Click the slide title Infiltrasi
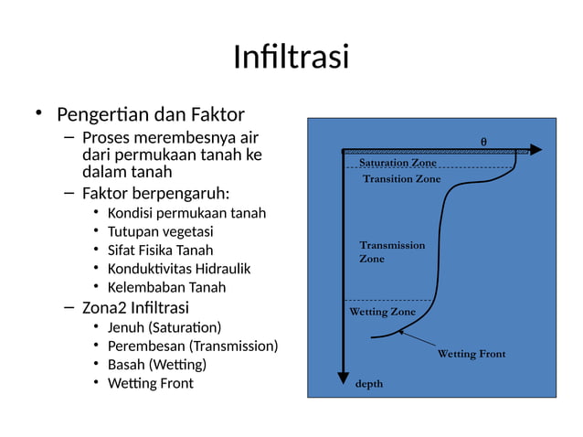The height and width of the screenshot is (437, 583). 291,57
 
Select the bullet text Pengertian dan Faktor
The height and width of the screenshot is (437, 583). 150,115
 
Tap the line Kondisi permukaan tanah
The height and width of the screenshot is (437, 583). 186,213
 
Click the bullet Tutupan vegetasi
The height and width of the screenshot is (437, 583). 160,231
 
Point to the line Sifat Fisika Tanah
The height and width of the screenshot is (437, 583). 160,250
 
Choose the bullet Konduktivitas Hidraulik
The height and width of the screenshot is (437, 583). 179,269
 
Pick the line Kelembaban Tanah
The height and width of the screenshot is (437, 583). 166,287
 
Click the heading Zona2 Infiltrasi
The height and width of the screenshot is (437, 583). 135,306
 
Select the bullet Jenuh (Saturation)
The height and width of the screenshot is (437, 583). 164,327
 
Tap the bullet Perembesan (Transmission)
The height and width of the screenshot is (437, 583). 192,346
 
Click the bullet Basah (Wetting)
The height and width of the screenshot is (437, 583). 156,364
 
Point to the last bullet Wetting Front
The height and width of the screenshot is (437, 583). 150,383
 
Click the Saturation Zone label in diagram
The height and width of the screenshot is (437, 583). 397,163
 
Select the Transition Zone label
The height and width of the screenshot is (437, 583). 401,179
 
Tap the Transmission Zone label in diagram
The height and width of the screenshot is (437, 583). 391,252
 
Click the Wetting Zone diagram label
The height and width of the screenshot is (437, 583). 382,312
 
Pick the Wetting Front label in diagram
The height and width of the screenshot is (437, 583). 471,354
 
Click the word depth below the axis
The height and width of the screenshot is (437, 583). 368,384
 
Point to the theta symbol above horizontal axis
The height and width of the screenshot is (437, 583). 483,141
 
